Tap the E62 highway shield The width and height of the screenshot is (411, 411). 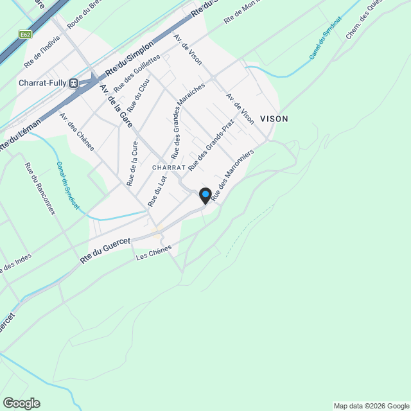coord(25,34)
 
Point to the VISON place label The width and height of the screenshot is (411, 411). coord(274,119)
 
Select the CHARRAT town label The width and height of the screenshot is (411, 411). coord(169,167)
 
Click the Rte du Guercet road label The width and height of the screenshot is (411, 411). coord(105,250)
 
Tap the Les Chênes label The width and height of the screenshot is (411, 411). coord(154,252)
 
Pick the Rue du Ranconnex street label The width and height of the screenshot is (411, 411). coord(39,190)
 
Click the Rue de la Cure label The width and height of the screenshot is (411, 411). coord(133,164)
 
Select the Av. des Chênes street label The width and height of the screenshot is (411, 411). coord(77,132)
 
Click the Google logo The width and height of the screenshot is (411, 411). coord(21,403)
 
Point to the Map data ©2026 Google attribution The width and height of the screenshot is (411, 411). coord(371,406)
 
